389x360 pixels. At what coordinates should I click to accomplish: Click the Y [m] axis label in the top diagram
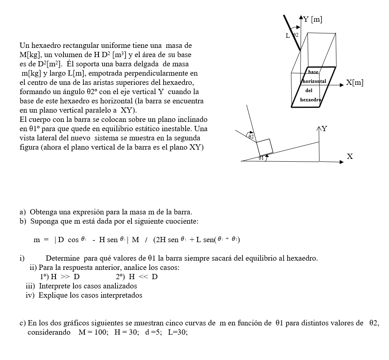point(313,19)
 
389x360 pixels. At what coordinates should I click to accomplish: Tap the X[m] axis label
point(354,83)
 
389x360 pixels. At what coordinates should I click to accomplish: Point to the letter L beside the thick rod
point(287,36)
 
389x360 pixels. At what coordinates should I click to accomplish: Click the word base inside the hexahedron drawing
point(313,72)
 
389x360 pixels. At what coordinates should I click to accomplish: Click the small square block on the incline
point(265,146)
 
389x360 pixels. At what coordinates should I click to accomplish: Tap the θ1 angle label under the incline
point(262,158)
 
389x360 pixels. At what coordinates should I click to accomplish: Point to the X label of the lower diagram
point(350,156)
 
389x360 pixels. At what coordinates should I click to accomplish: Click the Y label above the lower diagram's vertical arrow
point(324,129)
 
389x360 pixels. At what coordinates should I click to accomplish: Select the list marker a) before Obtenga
point(23,212)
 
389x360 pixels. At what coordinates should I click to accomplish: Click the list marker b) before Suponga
point(23,221)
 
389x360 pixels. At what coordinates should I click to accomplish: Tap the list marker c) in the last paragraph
point(23,323)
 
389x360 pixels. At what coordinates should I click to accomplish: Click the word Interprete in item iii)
point(54,286)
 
